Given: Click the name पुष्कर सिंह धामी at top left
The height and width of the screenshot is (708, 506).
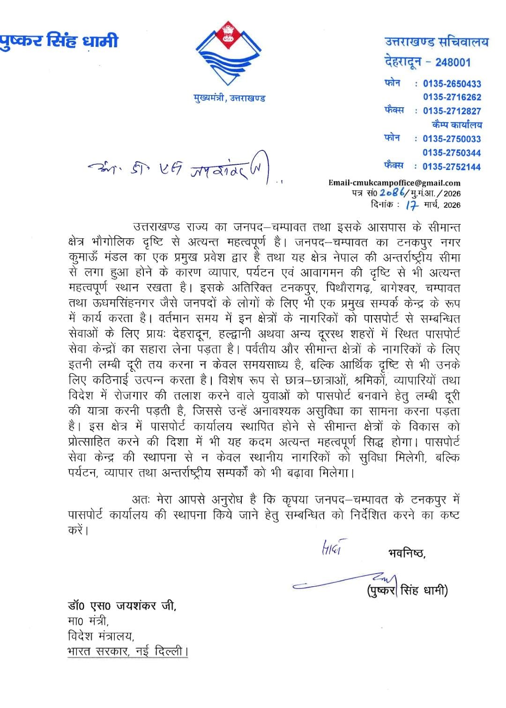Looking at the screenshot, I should pyautogui.click(x=59, y=41).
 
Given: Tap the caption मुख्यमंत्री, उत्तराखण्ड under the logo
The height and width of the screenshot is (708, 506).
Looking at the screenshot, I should pyautogui.click(x=230, y=98).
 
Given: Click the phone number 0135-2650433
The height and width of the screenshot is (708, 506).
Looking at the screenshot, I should pyautogui.click(x=452, y=84).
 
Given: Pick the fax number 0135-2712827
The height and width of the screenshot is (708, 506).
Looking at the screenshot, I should pyautogui.click(x=452, y=111).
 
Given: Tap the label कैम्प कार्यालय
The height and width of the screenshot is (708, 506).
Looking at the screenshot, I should pyautogui.click(x=457, y=125).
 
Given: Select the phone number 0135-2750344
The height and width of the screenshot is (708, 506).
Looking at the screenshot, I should pyautogui.click(x=452, y=153).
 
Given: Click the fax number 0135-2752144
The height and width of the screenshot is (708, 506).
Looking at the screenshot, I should pyautogui.click(x=452, y=166).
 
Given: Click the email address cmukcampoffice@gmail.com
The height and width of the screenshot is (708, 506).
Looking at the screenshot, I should pyautogui.click(x=394, y=183).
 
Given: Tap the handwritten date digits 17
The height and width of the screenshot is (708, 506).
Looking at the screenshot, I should pyautogui.click(x=411, y=204).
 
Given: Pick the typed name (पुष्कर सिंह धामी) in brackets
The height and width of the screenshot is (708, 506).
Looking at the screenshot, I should pyautogui.click(x=407, y=590).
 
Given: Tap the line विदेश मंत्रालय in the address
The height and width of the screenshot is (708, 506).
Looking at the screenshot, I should pyautogui.click(x=100, y=636).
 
